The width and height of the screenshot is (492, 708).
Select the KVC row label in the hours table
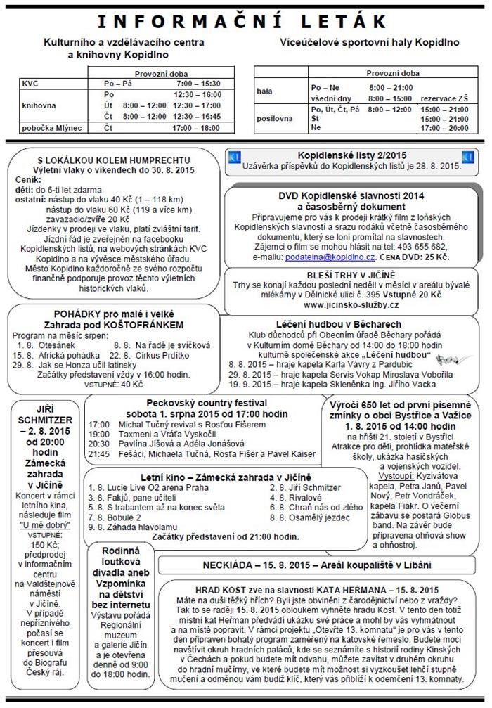[30, 83]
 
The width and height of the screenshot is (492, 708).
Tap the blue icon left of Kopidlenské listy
[235, 156]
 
